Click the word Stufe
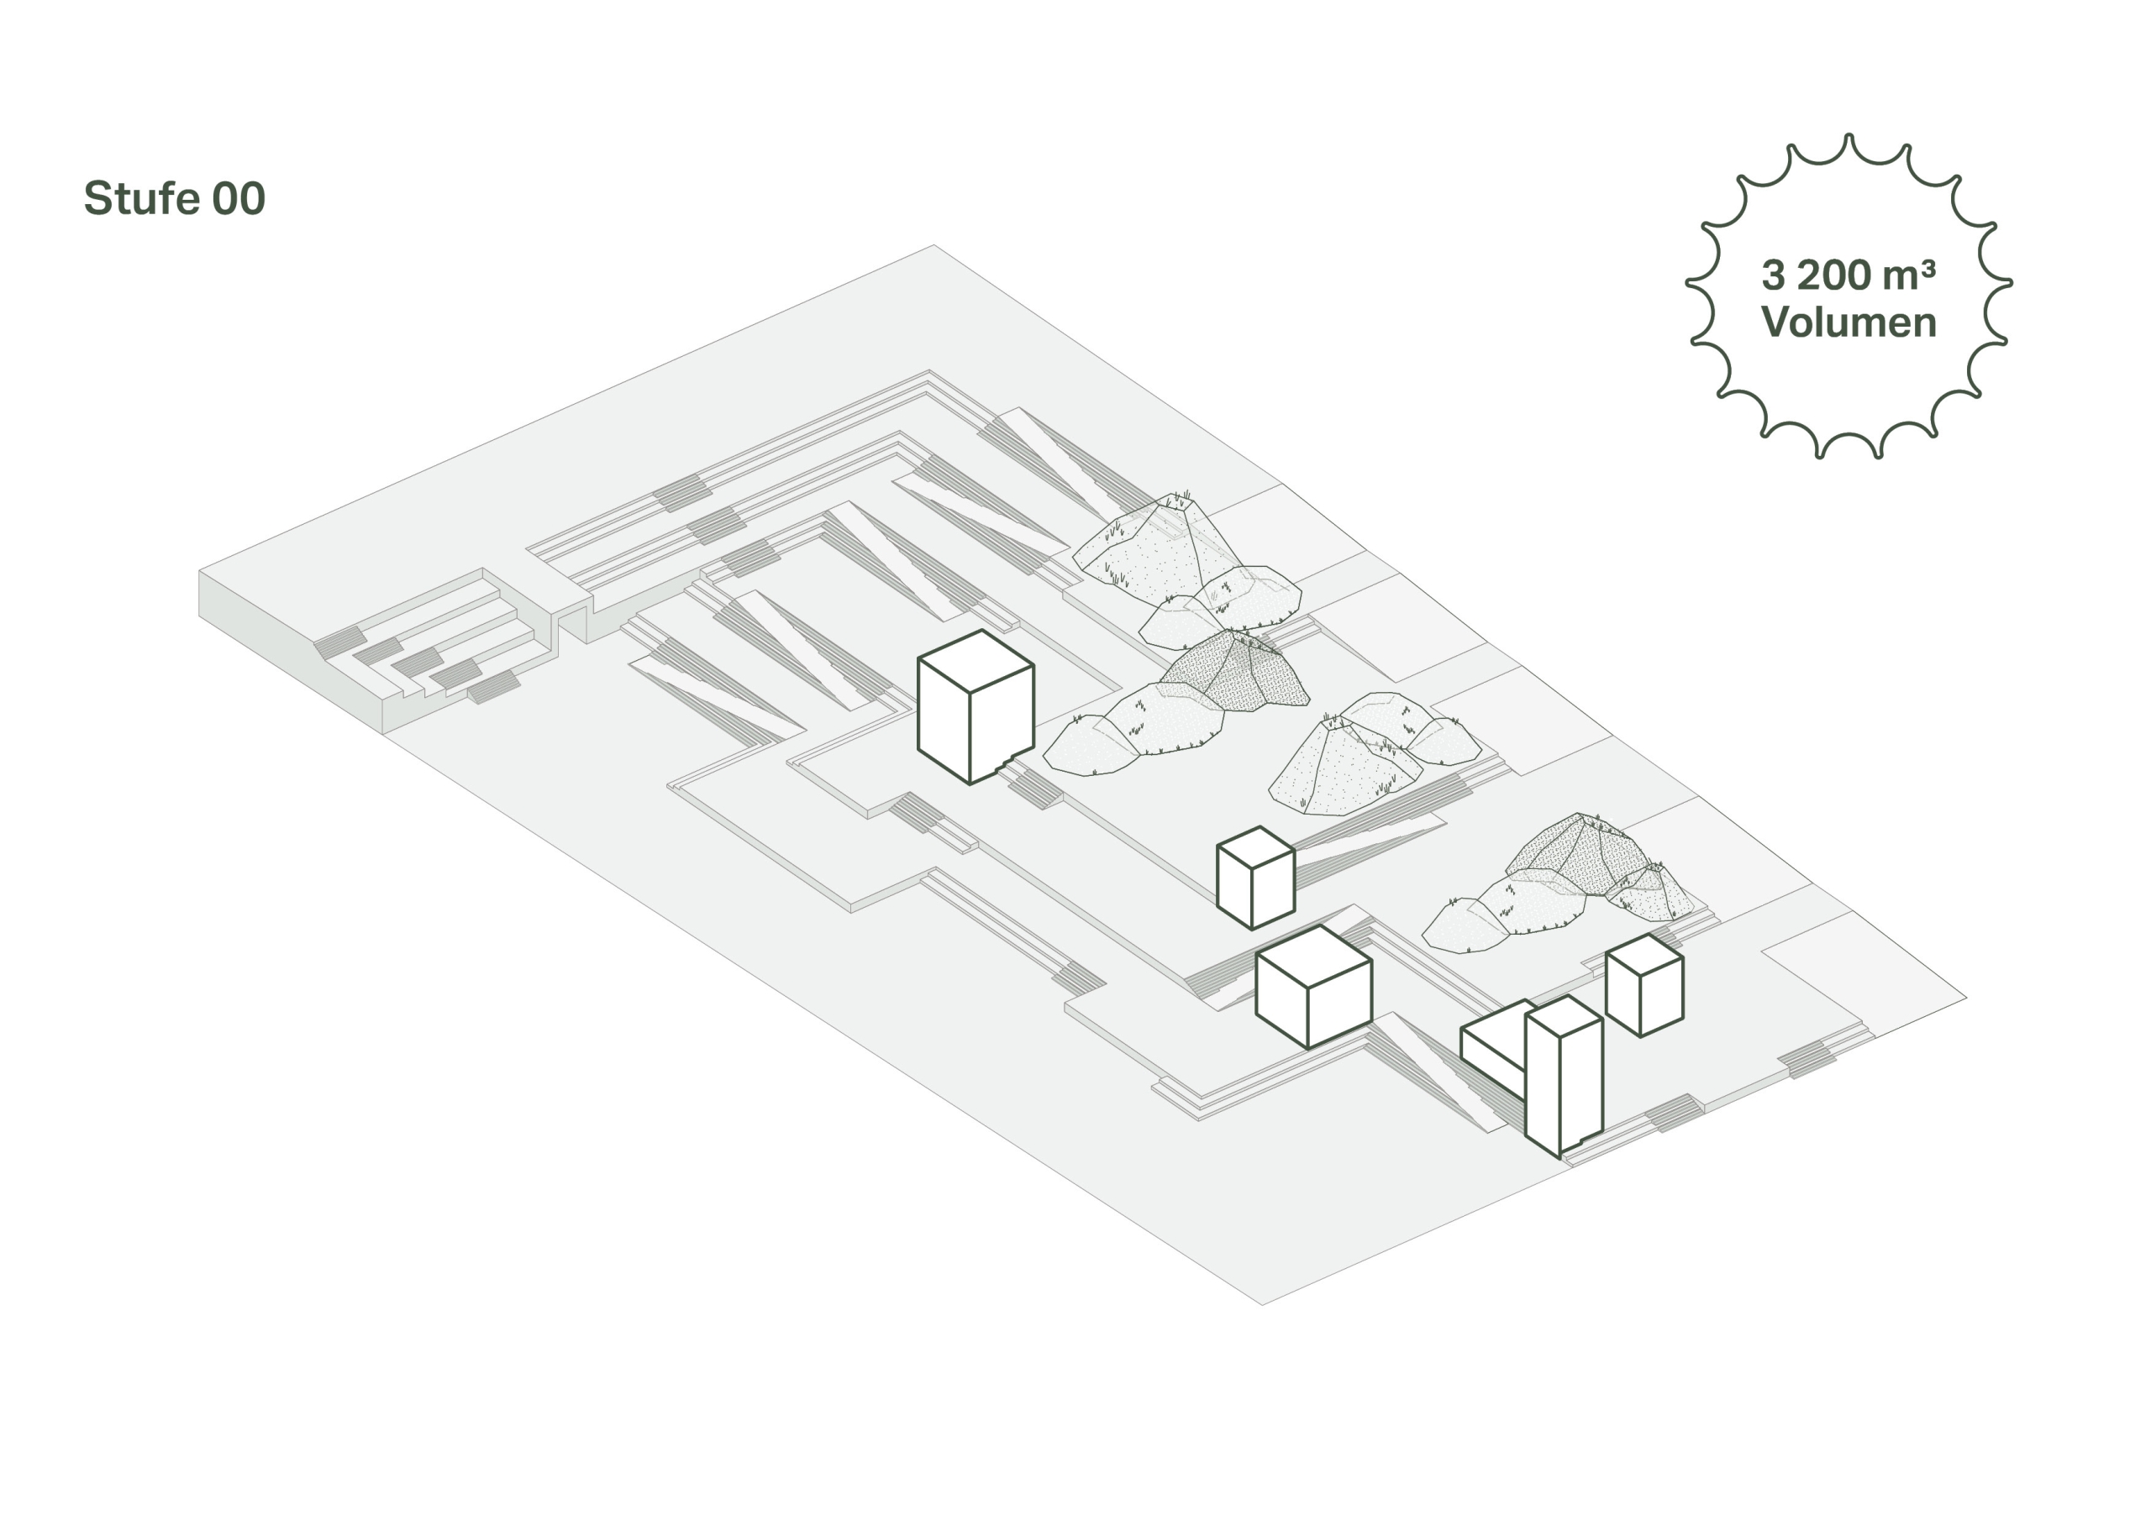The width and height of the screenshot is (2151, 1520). coord(141,198)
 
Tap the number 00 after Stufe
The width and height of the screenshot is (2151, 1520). coord(239,198)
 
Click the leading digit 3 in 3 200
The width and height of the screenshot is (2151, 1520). coord(1774,275)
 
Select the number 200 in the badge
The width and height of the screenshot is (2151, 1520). coord(1834,275)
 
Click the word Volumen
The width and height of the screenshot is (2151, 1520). coord(1849,322)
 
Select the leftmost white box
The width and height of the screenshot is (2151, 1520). coord(976,707)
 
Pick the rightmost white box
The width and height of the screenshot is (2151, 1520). coord(1644,984)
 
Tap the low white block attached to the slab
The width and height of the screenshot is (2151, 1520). coord(1496,1046)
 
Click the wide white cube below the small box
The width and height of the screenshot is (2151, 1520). coord(1313,986)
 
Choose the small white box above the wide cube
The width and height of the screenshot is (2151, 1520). coord(1255,878)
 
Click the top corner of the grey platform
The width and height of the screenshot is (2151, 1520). coord(934,245)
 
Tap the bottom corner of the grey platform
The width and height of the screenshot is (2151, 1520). coord(1262,1304)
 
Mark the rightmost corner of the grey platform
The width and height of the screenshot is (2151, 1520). coord(1966,998)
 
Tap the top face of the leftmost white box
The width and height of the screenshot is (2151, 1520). coord(976,661)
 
